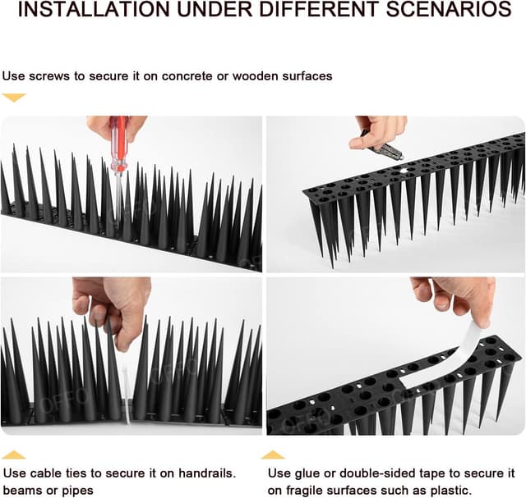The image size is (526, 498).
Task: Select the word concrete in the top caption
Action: pos(182,76)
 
